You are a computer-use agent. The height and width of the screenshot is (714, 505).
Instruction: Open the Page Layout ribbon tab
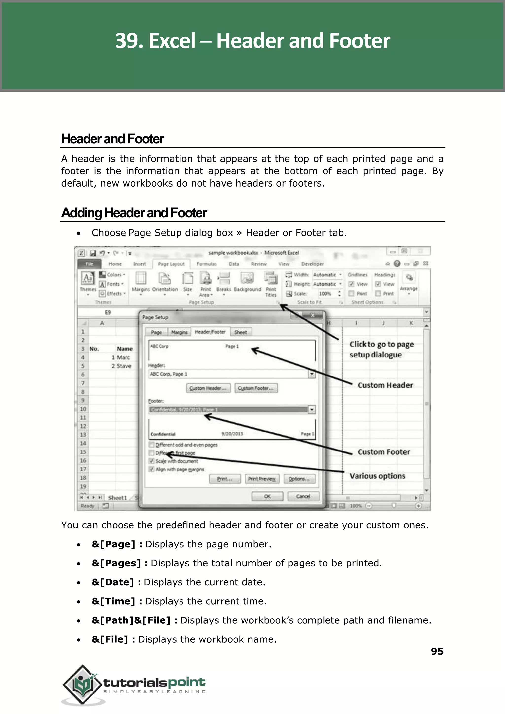pyautogui.click(x=171, y=264)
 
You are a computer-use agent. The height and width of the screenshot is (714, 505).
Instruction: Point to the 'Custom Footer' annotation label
pyautogui.click(x=383, y=452)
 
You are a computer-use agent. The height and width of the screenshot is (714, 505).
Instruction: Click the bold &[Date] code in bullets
pyautogui.click(x=113, y=582)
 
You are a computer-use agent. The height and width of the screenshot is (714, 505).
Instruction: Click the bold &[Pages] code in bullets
pyautogui.click(x=116, y=563)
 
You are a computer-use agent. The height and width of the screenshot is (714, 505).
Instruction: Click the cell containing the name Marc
pyautogui.click(x=123, y=357)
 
